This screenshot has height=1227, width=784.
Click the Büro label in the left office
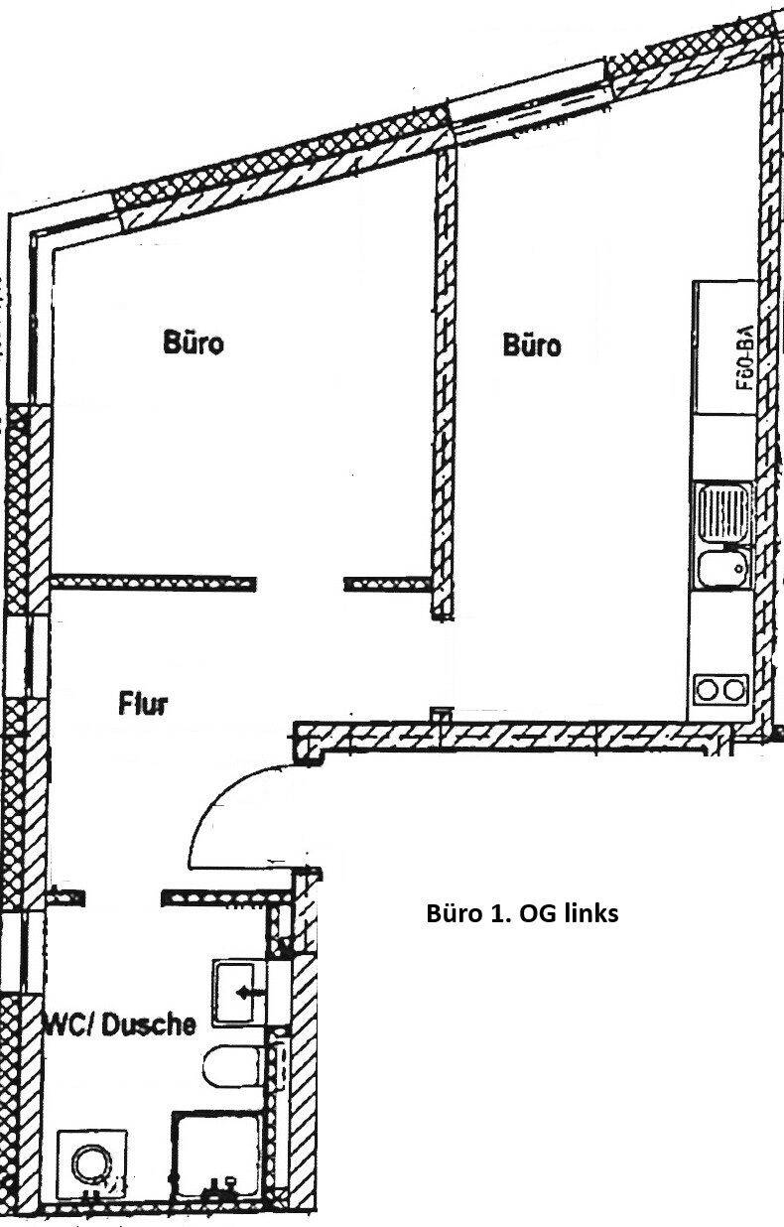coord(194,343)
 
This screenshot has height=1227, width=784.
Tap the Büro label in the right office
coord(532,345)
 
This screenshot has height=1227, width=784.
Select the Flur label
coord(144,705)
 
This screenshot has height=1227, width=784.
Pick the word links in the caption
coord(591,913)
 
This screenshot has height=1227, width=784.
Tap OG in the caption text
coord(535,913)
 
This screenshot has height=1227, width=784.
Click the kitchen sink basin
coord(722,569)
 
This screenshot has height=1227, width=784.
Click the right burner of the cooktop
coord(734,687)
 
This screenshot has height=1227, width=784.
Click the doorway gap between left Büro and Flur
coord(301,583)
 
